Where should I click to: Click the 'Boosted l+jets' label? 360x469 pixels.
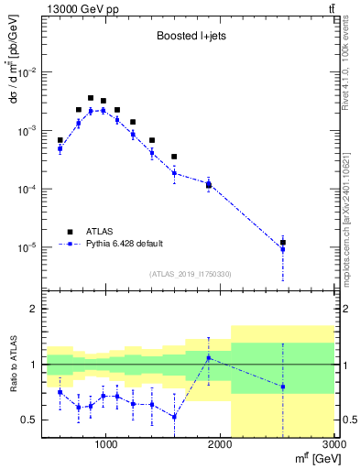[191, 38]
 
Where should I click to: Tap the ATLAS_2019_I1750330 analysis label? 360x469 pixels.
[191, 274]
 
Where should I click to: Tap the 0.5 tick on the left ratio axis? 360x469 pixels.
[30, 420]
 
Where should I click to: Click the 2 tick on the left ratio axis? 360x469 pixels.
[34, 309]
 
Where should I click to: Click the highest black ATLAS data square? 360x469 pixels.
[91, 98]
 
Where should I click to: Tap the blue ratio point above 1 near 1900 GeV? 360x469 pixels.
[209, 357]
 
